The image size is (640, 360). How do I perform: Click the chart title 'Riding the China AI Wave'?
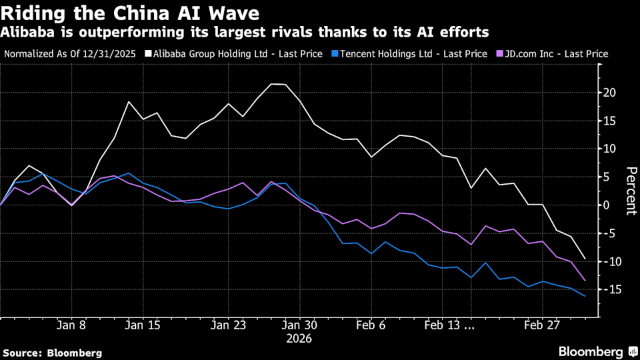[x=131, y=12]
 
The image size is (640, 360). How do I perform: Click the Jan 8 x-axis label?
[x=71, y=326]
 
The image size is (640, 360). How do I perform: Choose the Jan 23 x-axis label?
[x=229, y=326]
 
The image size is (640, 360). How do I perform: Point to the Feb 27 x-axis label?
[x=541, y=326]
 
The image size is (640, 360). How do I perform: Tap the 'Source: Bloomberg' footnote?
[x=53, y=352]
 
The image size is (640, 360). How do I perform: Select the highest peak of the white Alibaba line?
[x=273, y=84]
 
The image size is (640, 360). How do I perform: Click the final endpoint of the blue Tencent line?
[x=585, y=296]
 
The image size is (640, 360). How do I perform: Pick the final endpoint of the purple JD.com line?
[x=585, y=281]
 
